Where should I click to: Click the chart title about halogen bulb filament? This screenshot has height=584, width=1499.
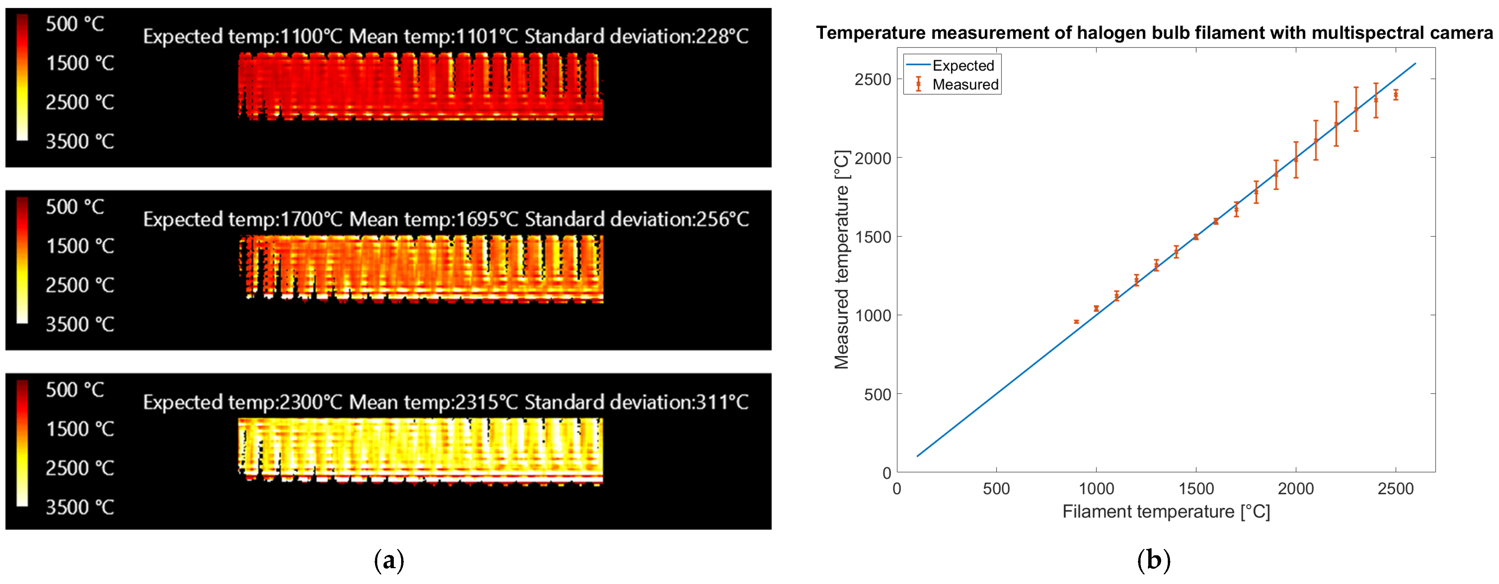point(1154,33)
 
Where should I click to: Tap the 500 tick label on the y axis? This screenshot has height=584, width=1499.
point(877,395)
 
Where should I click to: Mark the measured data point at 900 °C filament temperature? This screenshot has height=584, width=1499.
point(1076,322)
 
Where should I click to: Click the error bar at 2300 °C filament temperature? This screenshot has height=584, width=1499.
point(1356,109)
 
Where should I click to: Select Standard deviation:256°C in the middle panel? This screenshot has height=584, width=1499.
point(637,219)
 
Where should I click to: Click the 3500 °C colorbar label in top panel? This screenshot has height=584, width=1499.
point(80,141)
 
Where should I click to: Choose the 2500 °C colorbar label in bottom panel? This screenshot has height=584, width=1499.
point(80,468)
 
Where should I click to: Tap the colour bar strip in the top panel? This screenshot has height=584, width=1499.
point(22,77)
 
